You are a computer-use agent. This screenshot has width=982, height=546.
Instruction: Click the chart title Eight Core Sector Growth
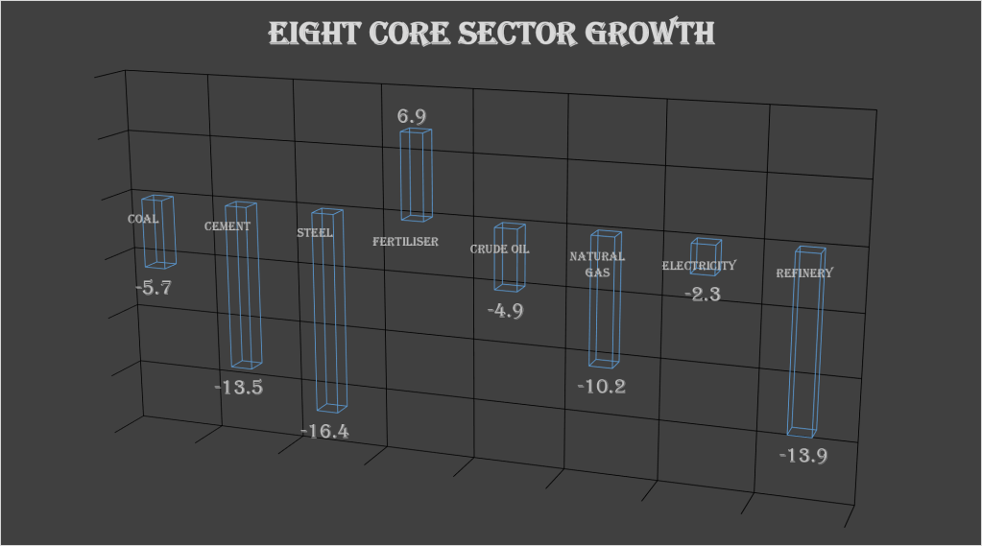(491, 34)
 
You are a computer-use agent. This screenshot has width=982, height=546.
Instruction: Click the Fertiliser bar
(416, 175)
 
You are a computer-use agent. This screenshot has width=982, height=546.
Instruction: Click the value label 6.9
(412, 116)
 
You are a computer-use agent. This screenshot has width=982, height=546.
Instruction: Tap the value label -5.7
(153, 287)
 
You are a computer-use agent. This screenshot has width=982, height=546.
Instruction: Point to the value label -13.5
(238, 388)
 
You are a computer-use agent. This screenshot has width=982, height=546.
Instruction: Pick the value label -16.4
(324, 432)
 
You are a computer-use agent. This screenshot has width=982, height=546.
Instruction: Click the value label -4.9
(505, 311)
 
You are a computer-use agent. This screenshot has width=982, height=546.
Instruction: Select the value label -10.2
(602, 387)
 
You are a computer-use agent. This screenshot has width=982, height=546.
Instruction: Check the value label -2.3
(703, 294)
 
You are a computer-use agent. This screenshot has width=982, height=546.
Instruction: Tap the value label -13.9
(802, 455)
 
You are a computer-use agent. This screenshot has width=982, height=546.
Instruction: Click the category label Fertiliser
(405, 242)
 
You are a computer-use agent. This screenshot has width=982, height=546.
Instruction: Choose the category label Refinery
(804, 273)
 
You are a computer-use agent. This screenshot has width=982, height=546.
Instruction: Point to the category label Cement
(228, 226)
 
